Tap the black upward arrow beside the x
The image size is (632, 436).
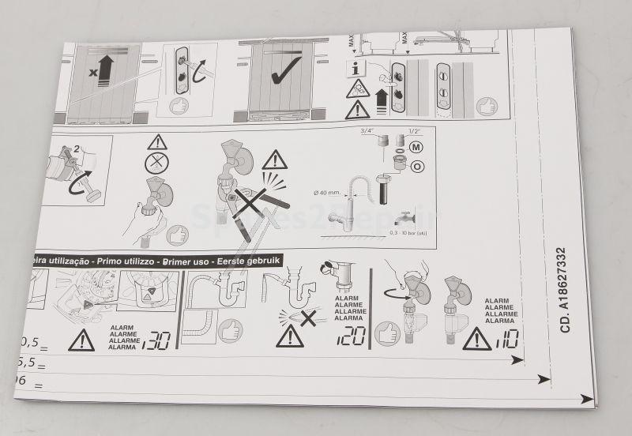click(x=106, y=70)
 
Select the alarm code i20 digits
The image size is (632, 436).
click(x=351, y=336)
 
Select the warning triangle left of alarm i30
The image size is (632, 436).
click(x=81, y=340)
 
